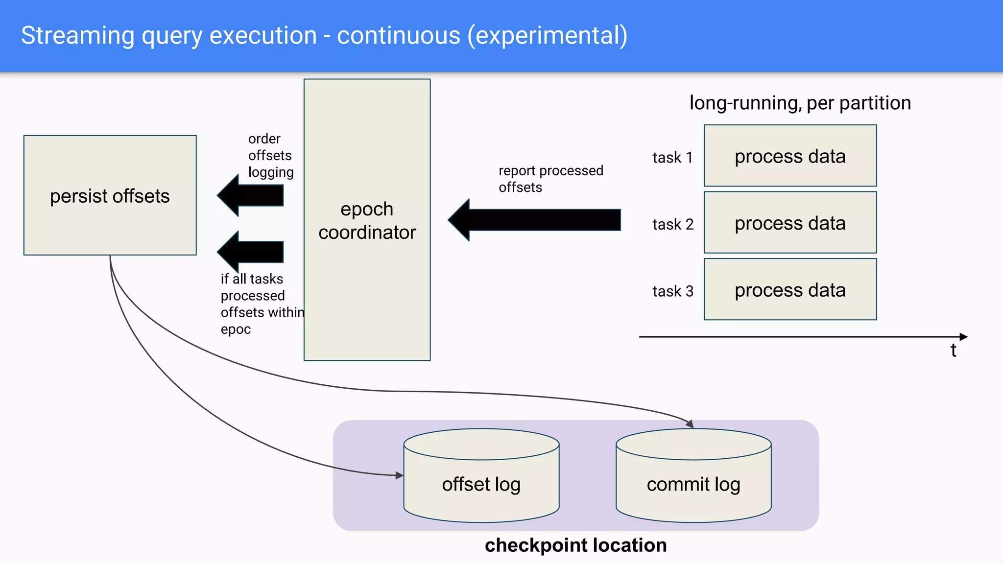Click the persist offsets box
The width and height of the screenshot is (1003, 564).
click(x=110, y=195)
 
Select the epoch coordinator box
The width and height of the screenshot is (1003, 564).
click(x=367, y=220)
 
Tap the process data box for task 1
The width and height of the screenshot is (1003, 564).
click(x=790, y=156)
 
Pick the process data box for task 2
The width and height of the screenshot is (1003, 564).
click(x=790, y=223)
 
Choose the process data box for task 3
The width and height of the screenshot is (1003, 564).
click(x=790, y=290)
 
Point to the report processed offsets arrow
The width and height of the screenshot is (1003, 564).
click(x=534, y=220)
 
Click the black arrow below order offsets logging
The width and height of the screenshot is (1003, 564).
click(x=251, y=195)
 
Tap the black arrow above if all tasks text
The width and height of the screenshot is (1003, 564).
click(x=251, y=252)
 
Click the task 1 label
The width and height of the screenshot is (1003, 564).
click(x=672, y=158)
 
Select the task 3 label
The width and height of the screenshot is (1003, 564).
click(x=672, y=291)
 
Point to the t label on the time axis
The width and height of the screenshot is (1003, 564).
click(x=953, y=351)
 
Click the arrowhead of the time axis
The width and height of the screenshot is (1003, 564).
click(x=963, y=337)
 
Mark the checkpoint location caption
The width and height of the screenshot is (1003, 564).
click(x=575, y=545)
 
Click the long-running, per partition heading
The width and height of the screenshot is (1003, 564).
click(x=800, y=103)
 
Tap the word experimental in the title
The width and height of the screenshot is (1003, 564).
click(x=547, y=36)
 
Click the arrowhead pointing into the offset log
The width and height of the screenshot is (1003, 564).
click(x=399, y=475)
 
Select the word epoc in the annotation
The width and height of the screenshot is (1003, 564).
click(x=236, y=329)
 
